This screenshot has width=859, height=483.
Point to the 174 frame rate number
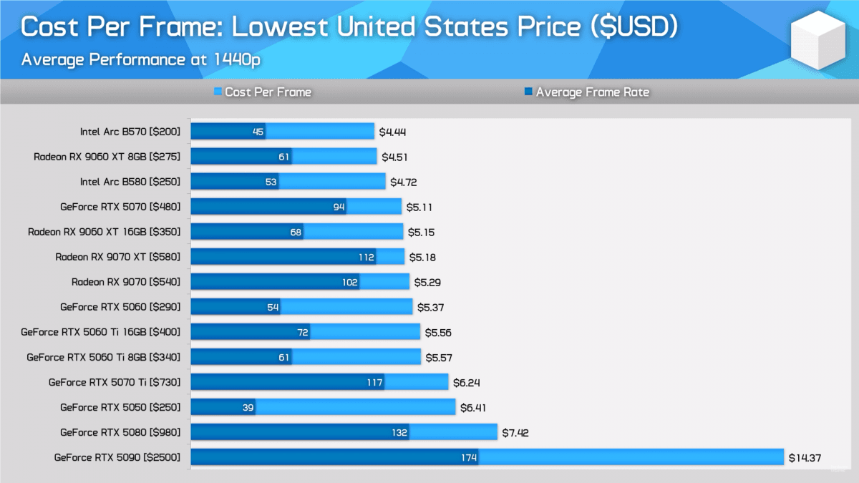[x=469, y=457]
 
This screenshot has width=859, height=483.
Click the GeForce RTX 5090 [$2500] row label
[x=117, y=457]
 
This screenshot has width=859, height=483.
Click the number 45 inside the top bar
[x=258, y=132]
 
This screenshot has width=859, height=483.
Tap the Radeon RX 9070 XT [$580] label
[x=118, y=257]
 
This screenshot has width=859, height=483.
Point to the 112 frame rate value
[x=367, y=257]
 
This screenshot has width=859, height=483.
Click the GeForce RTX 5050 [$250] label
[x=120, y=407]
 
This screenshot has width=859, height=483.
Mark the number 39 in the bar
[x=248, y=407]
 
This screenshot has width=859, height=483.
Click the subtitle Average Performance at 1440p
[x=140, y=59]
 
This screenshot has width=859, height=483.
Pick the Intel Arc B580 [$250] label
[x=130, y=182]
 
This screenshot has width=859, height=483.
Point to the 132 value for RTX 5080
[x=399, y=432]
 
